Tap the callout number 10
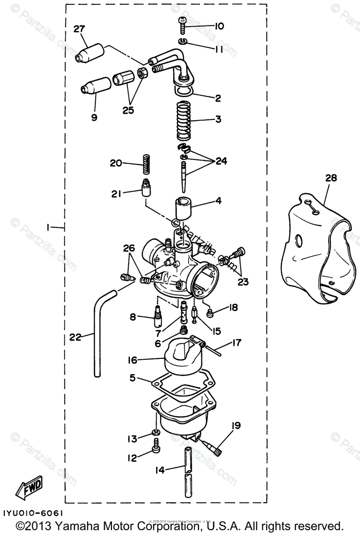pos(219,26)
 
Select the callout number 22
pos(75,337)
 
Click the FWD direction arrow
pos(29,486)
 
